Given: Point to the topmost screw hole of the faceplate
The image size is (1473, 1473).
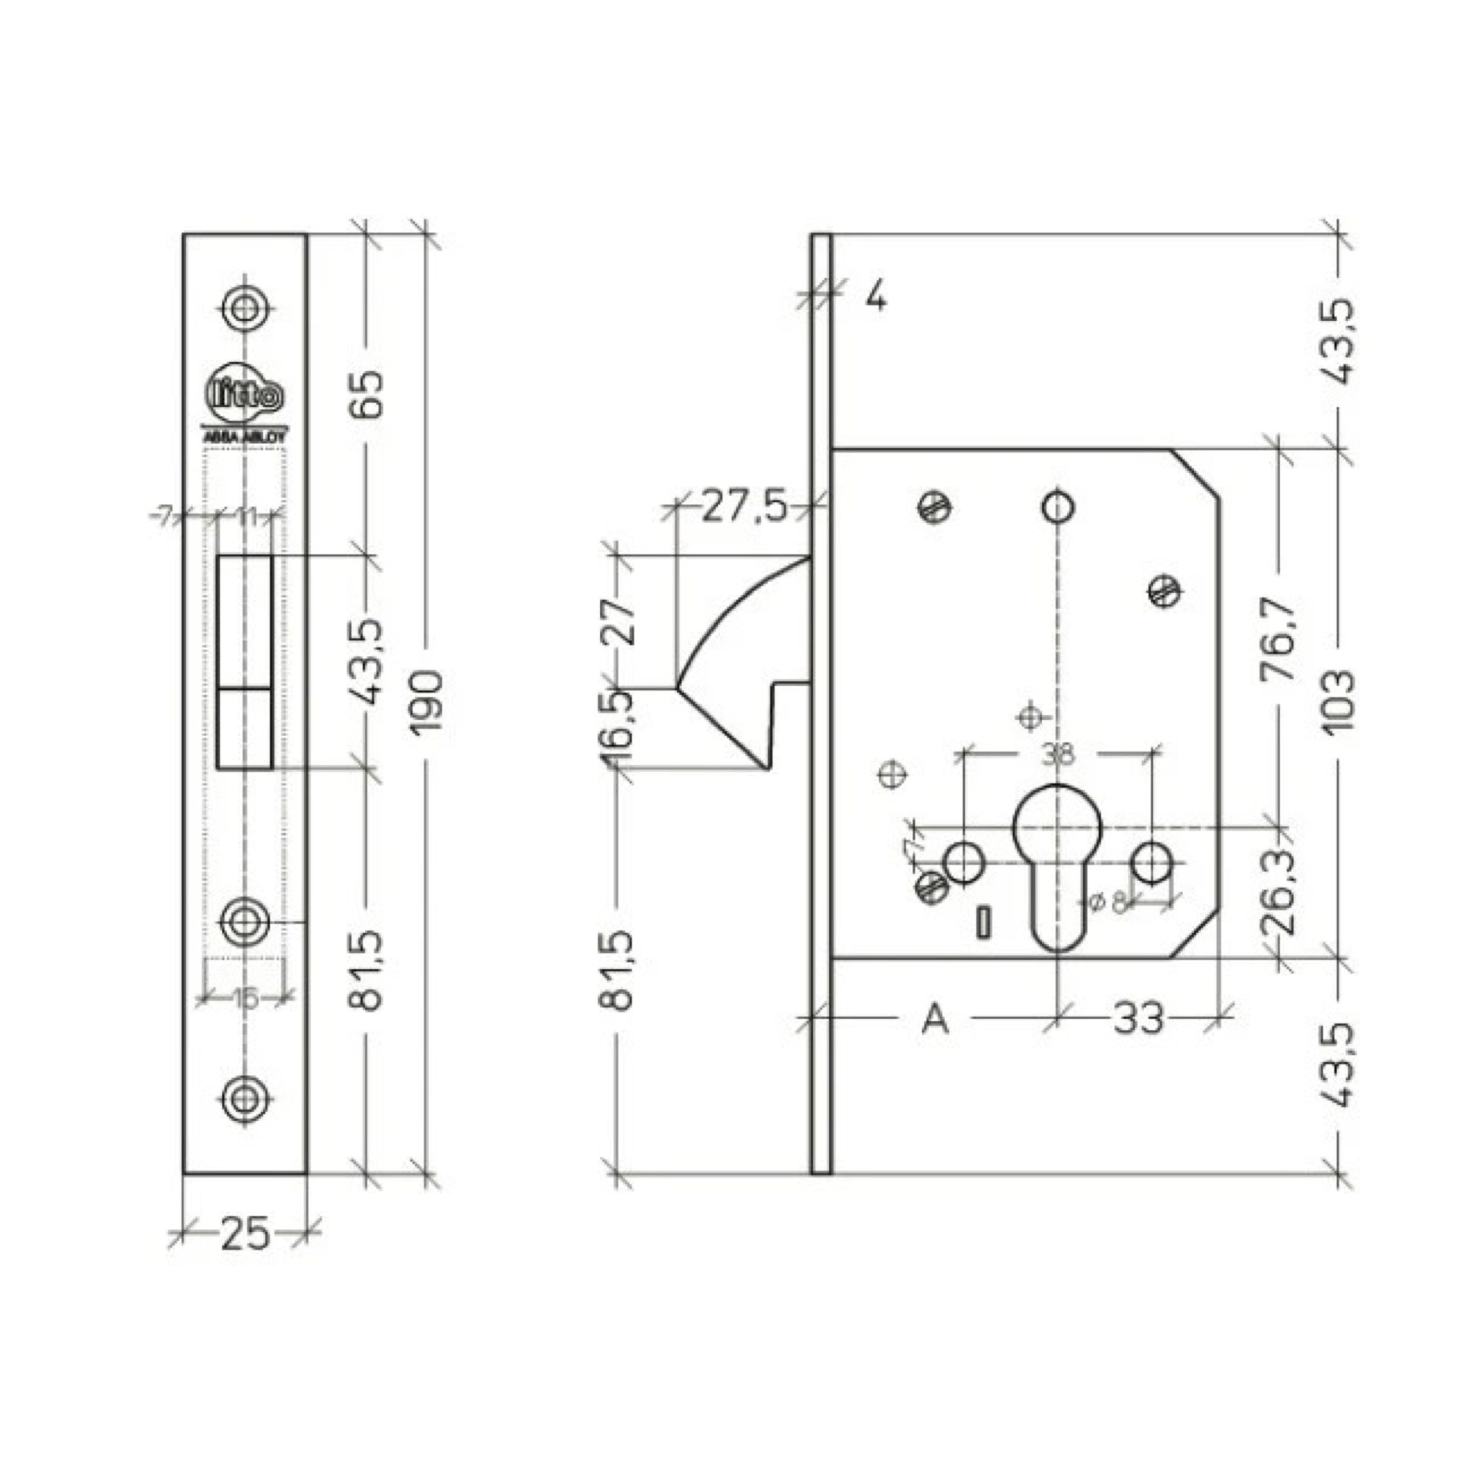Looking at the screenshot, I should (245, 309).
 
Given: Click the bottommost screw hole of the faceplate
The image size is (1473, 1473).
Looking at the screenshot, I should (245, 1098).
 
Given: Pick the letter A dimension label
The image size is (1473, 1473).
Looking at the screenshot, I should (936, 1018).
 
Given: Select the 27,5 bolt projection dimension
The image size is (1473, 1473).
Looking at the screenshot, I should (744, 506).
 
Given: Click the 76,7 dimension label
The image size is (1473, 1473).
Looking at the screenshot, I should (1279, 639).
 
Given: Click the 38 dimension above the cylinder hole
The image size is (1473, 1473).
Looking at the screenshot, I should (1058, 755).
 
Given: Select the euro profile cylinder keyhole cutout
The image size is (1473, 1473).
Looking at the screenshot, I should (1058, 861).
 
